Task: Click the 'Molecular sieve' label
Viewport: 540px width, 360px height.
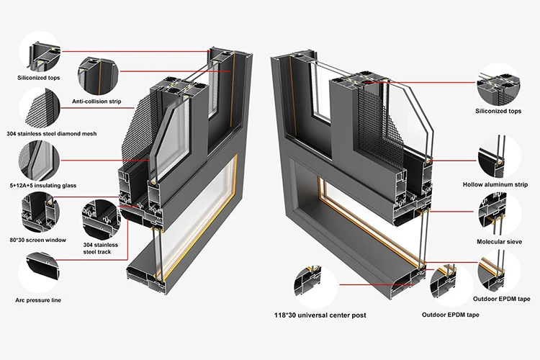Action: pos(498,241)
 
